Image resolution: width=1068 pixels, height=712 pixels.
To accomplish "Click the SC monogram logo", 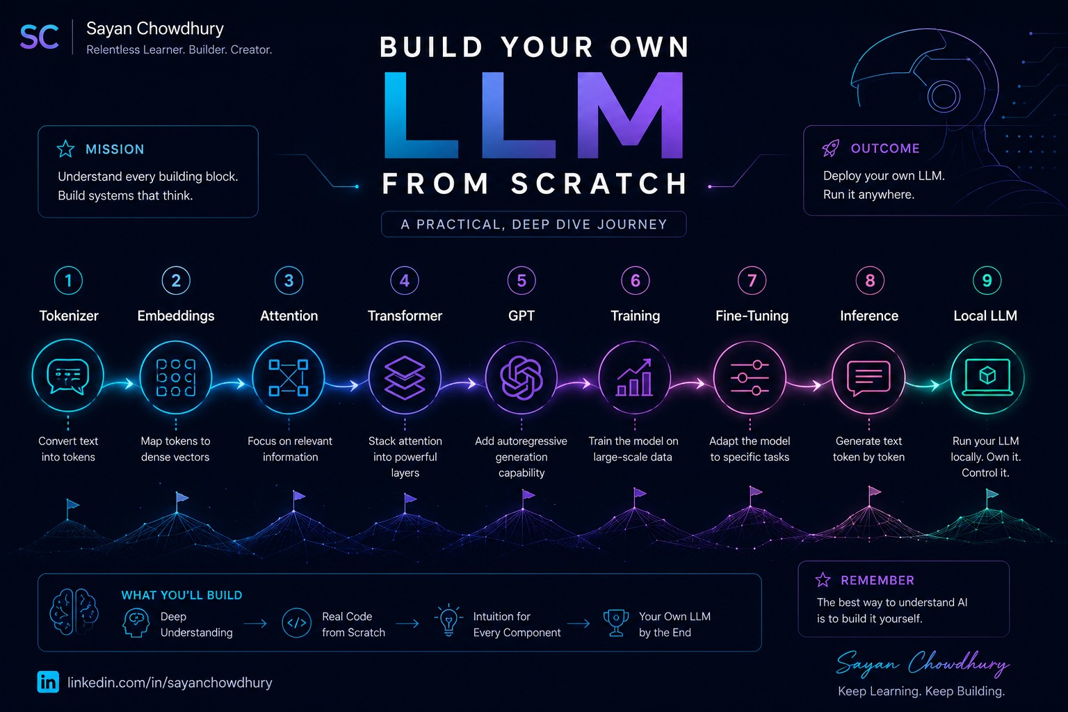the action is [x=40, y=37].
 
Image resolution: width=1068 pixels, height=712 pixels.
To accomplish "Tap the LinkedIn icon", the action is [x=48, y=682].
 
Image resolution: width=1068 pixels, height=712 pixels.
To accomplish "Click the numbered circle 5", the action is [x=521, y=280].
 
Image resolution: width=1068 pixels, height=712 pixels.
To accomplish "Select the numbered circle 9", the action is [x=987, y=280].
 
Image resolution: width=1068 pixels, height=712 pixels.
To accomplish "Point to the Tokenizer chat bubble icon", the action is [x=67, y=376].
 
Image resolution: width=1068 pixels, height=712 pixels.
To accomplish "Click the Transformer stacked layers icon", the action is [x=404, y=378].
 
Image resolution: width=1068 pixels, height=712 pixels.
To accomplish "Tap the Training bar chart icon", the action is [x=634, y=378].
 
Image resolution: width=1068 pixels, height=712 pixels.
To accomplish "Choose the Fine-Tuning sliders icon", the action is [x=750, y=378].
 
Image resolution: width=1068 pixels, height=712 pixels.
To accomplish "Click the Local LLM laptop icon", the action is [x=987, y=378].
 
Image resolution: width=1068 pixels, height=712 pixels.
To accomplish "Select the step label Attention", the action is [x=289, y=316].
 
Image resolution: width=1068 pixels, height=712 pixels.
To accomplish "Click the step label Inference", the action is [x=868, y=316].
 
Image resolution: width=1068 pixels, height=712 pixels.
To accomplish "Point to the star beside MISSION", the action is [x=65, y=149].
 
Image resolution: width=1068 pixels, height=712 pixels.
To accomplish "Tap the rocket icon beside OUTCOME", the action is [x=831, y=148].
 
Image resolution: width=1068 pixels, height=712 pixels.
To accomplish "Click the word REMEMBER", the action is [x=877, y=580].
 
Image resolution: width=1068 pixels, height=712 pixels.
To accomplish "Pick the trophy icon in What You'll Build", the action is [x=616, y=623].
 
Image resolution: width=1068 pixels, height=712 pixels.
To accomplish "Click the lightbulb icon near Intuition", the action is [x=448, y=620].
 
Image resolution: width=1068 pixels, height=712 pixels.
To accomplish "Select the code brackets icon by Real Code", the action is [x=297, y=623].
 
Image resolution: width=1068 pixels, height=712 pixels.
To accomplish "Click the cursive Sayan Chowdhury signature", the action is [x=923, y=663].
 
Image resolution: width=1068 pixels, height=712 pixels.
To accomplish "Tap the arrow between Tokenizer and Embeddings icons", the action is [x=119, y=383].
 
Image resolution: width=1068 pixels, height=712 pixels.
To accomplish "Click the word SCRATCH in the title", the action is [x=599, y=184].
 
